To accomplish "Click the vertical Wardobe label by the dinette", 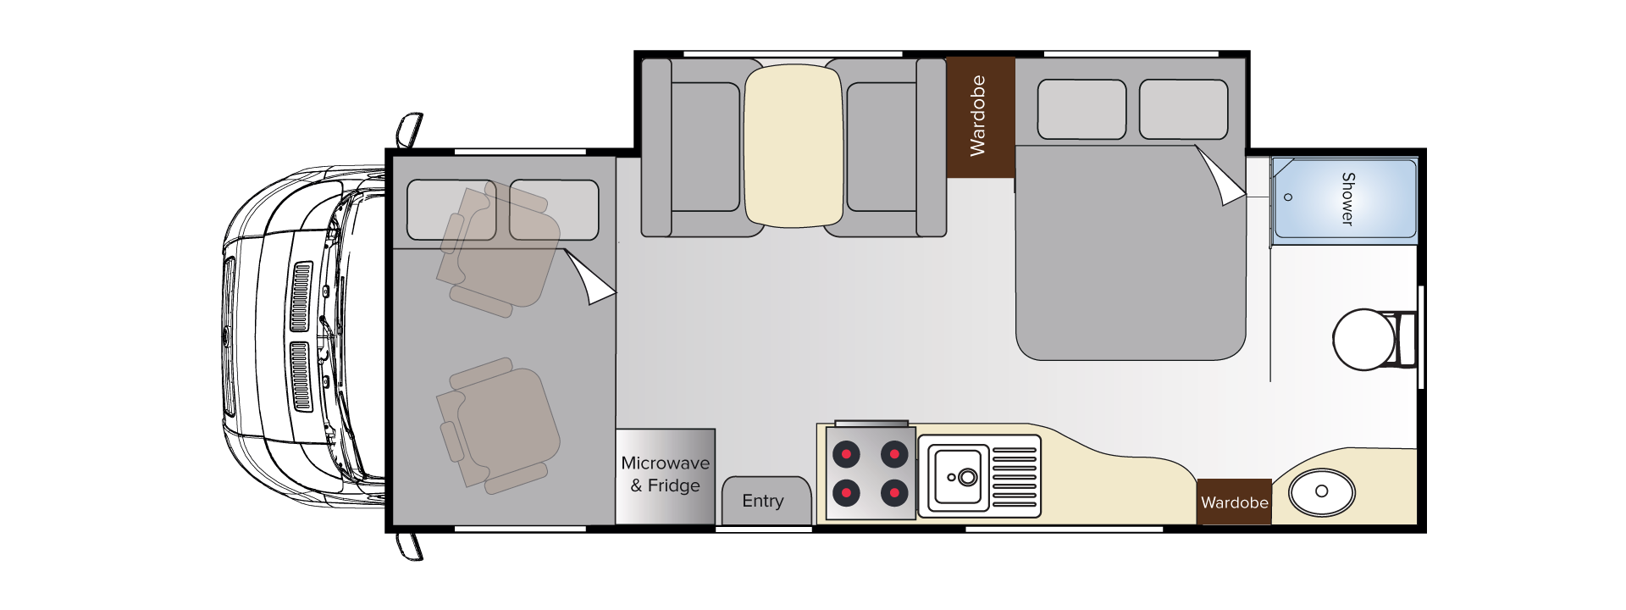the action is point(978,116).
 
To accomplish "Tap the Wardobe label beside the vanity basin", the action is point(1235,502).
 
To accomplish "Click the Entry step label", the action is point(763,501).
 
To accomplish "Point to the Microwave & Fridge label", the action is point(666,474).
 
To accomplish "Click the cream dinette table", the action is point(794,146).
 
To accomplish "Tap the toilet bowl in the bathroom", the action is point(1363,339).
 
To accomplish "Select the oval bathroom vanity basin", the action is point(1321,492).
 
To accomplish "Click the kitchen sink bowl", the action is point(960,477).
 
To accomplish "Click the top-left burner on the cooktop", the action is point(846,454).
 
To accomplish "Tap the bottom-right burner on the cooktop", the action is point(894,492).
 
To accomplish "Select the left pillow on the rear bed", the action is point(1081,109).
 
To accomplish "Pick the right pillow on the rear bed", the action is point(1183,109).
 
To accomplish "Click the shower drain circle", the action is point(1288,197).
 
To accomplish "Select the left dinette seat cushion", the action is point(705,147).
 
